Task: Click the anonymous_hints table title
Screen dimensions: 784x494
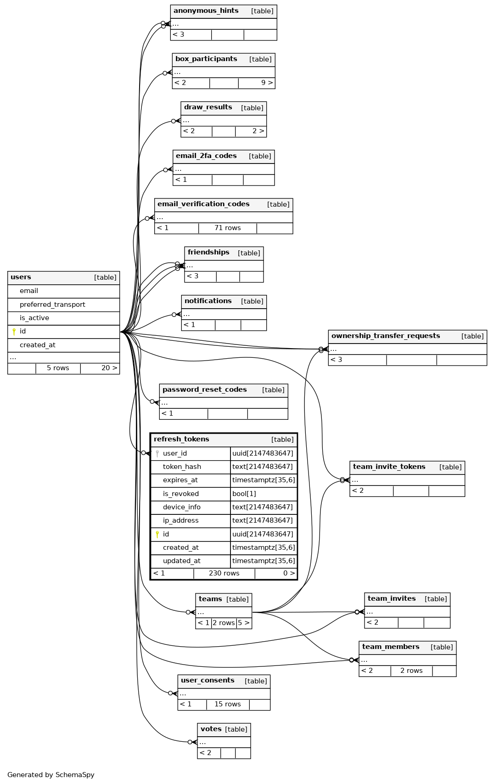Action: (x=206, y=11)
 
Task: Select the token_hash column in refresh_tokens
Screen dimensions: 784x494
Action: (x=182, y=467)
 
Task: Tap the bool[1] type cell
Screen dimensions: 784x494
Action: (x=244, y=494)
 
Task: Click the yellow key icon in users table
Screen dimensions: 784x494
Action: (x=14, y=332)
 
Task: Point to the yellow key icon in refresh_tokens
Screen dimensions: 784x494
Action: (x=157, y=535)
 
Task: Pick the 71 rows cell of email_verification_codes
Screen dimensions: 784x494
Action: (x=227, y=228)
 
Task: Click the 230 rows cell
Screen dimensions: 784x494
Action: (x=224, y=574)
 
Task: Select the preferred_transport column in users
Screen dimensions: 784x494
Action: (x=52, y=305)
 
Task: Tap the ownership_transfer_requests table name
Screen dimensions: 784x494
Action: (x=386, y=336)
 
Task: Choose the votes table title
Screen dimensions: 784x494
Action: (x=211, y=729)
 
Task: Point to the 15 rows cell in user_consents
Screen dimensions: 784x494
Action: (x=227, y=705)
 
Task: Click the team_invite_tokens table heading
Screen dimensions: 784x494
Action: (x=389, y=467)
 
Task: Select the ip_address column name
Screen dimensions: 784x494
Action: (x=181, y=521)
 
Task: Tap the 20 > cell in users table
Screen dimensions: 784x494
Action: (x=109, y=368)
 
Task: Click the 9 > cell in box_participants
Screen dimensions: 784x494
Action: (x=267, y=83)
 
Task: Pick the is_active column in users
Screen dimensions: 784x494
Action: (x=34, y=318)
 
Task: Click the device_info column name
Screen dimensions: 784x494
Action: (x=182, y=508)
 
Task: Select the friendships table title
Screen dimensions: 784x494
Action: (x=208, y=253)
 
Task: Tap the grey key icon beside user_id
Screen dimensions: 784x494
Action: (x=157, y=454)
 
